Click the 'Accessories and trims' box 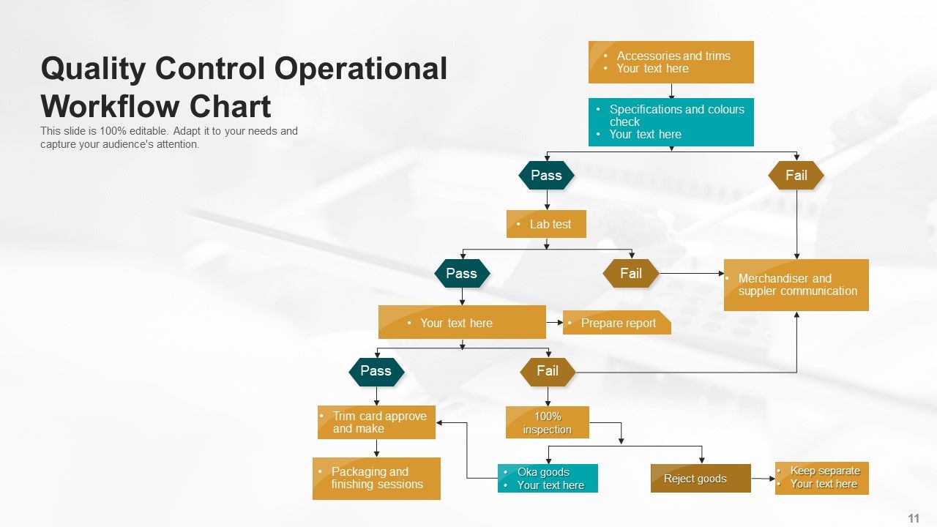coord(671,62)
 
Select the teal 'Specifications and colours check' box coord(671,122)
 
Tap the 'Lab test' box coord(546,224)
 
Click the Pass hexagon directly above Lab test coord(546,176)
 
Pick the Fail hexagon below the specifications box coord(796,176)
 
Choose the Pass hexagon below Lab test coord(461,274)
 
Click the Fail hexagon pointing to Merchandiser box coord(630,274)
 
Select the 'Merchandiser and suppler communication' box coord(796,285)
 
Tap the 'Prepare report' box coord(616,323)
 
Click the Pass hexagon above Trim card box coord(376,371)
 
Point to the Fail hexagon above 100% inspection coord(548,371)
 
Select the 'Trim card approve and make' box coord(376,422)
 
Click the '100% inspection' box coord(548,423)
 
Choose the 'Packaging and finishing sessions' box coord(376,479)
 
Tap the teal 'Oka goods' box coord(548,479)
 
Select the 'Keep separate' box coord(821,478)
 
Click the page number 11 coord(914,518)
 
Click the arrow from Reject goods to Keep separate coord(763,479)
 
